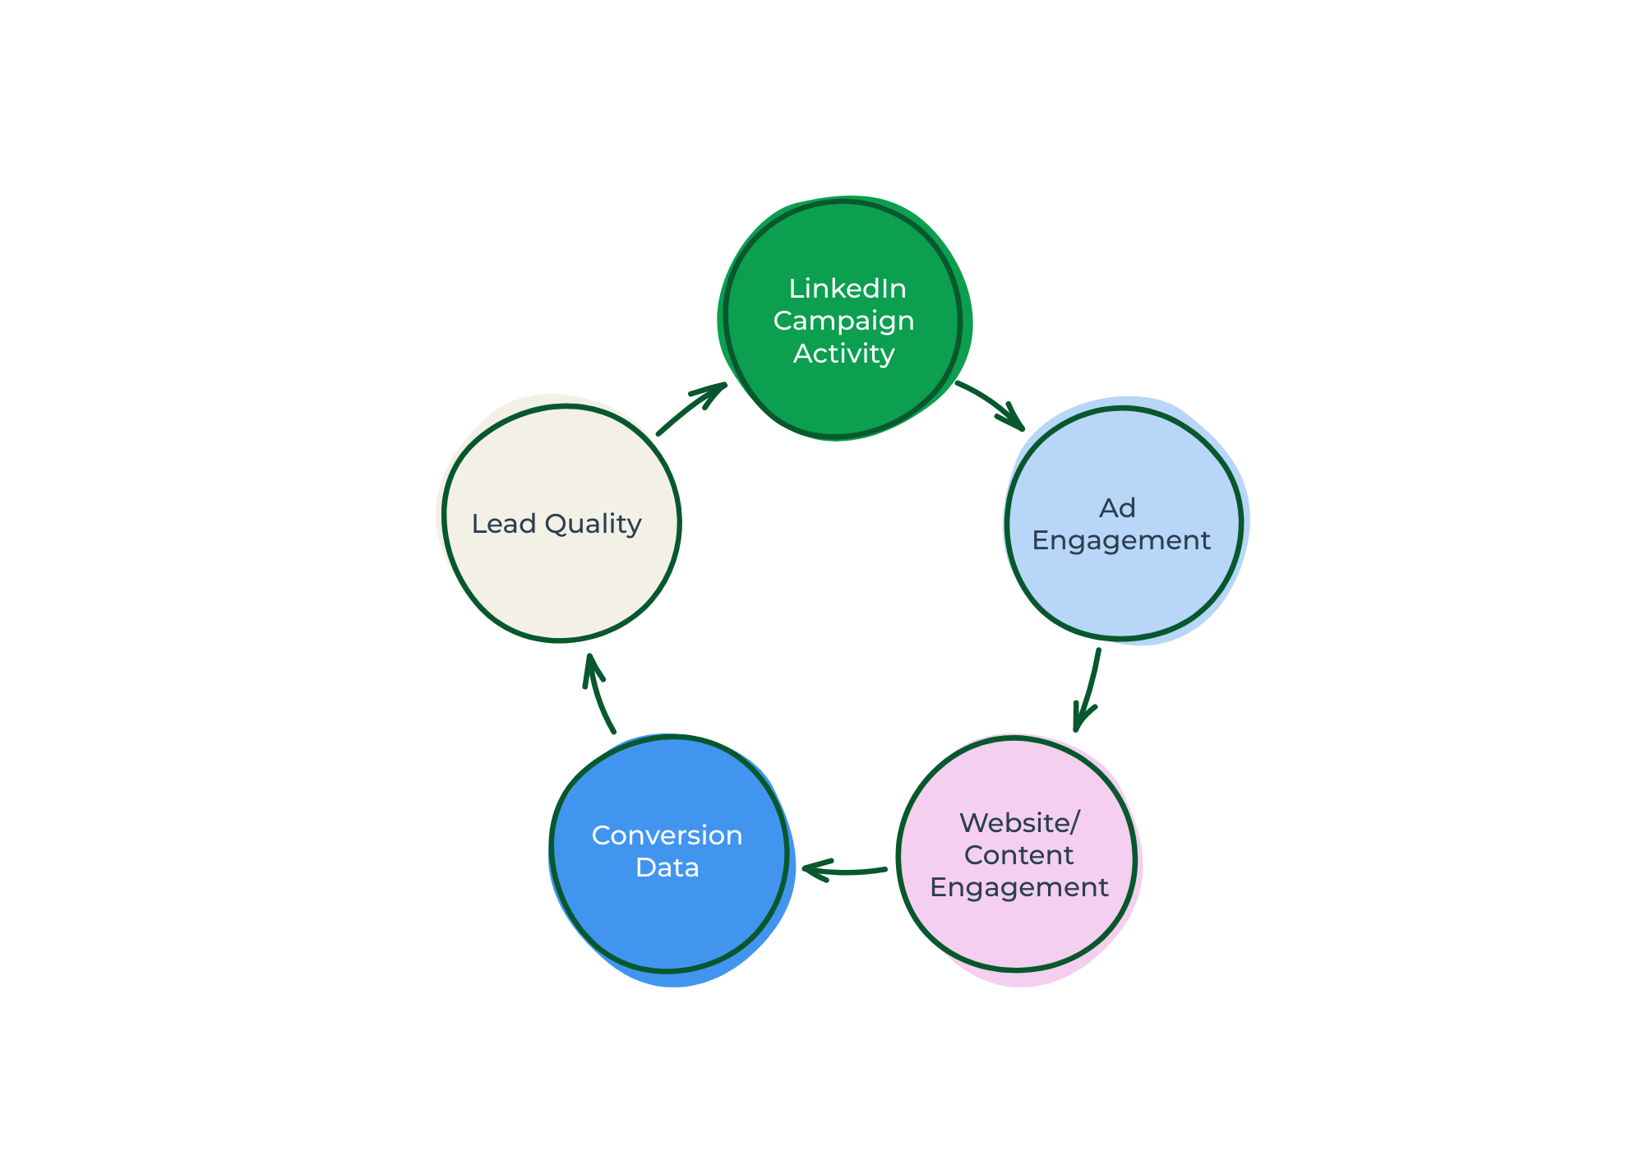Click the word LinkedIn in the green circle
(847, 289)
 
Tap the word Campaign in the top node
(843, 321)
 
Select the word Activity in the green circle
(843, 354)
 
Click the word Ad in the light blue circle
(1117, 508)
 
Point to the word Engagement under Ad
(1121, 540)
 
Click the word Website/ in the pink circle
(1018, 823)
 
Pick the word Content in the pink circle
(1018, 855)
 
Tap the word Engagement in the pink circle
(1018, 888)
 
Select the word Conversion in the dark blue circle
(667, 835)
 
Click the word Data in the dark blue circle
(667, 867)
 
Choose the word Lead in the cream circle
(503, 524)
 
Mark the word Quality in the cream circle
(593, 524)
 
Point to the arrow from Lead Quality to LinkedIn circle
(690, 409)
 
